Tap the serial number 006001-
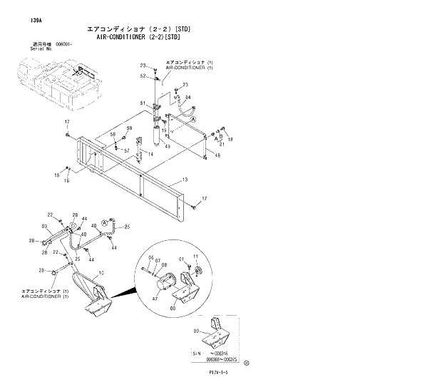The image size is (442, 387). coord(73,43)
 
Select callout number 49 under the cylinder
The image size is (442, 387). coord(168,146)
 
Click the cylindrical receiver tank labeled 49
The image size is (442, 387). coord(151,128)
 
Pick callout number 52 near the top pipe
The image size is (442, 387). coord(143,76)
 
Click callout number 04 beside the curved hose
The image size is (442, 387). coord(187,97)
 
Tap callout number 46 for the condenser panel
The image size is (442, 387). coord(217,155)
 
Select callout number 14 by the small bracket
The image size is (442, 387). coord(130,155)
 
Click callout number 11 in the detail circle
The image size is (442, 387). coord(195,257)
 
